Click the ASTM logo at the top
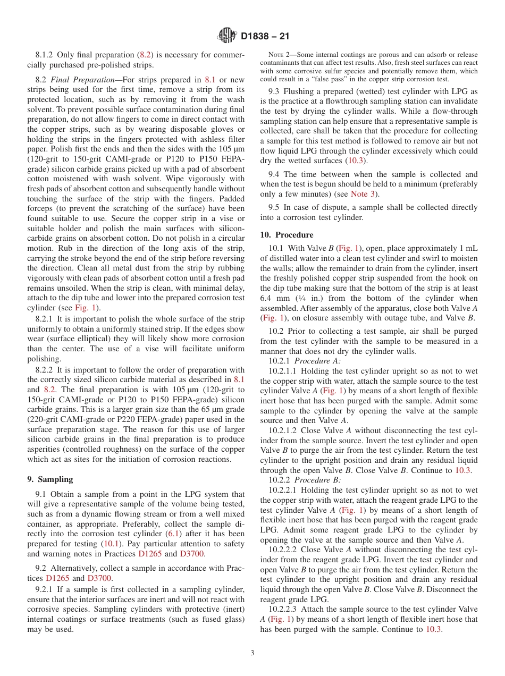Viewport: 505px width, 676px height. pyautogui.click(x=227, y=36)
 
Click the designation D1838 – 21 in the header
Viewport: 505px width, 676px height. pyautogui.click(x=265, y=37)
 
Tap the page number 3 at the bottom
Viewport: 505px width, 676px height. pyautogui.click(x=252, y=653)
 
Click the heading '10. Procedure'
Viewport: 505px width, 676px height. pyautogui.click(x=287, y=234)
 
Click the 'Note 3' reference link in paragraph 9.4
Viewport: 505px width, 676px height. pyautogui.click(x=364, y=195)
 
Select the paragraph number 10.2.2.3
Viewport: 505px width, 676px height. pyautogui.click(x=285, y=609)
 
